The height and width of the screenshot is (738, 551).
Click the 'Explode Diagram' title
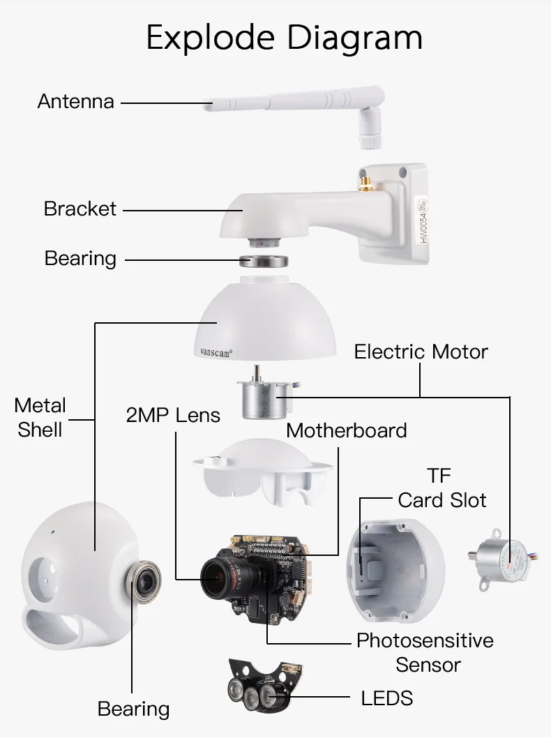[x=284, y=37]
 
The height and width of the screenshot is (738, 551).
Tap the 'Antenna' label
[x=75, y=101]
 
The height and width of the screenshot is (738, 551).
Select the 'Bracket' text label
[x=80, y=209]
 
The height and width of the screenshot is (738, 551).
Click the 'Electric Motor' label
[x=421, y=351]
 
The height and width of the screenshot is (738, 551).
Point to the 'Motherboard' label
[x=346, y=430]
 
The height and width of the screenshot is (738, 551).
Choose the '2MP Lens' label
[x=173, y=416]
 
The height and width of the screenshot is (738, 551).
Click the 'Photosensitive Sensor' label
[x=425, y=652]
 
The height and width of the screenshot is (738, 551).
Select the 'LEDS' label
[x=386, y=697]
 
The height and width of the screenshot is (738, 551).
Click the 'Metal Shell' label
[x=40, y=417]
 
